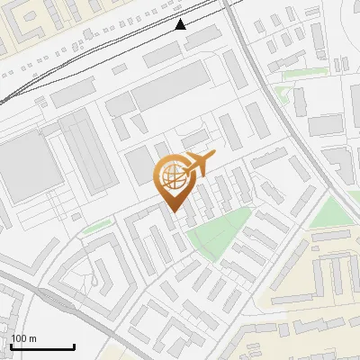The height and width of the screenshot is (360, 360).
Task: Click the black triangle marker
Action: pos(181,25)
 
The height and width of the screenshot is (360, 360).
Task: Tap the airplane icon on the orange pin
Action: pos(199,164)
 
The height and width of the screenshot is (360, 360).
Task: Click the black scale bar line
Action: pos(42,347)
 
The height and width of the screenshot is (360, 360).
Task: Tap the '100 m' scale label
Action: pos(24,338)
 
